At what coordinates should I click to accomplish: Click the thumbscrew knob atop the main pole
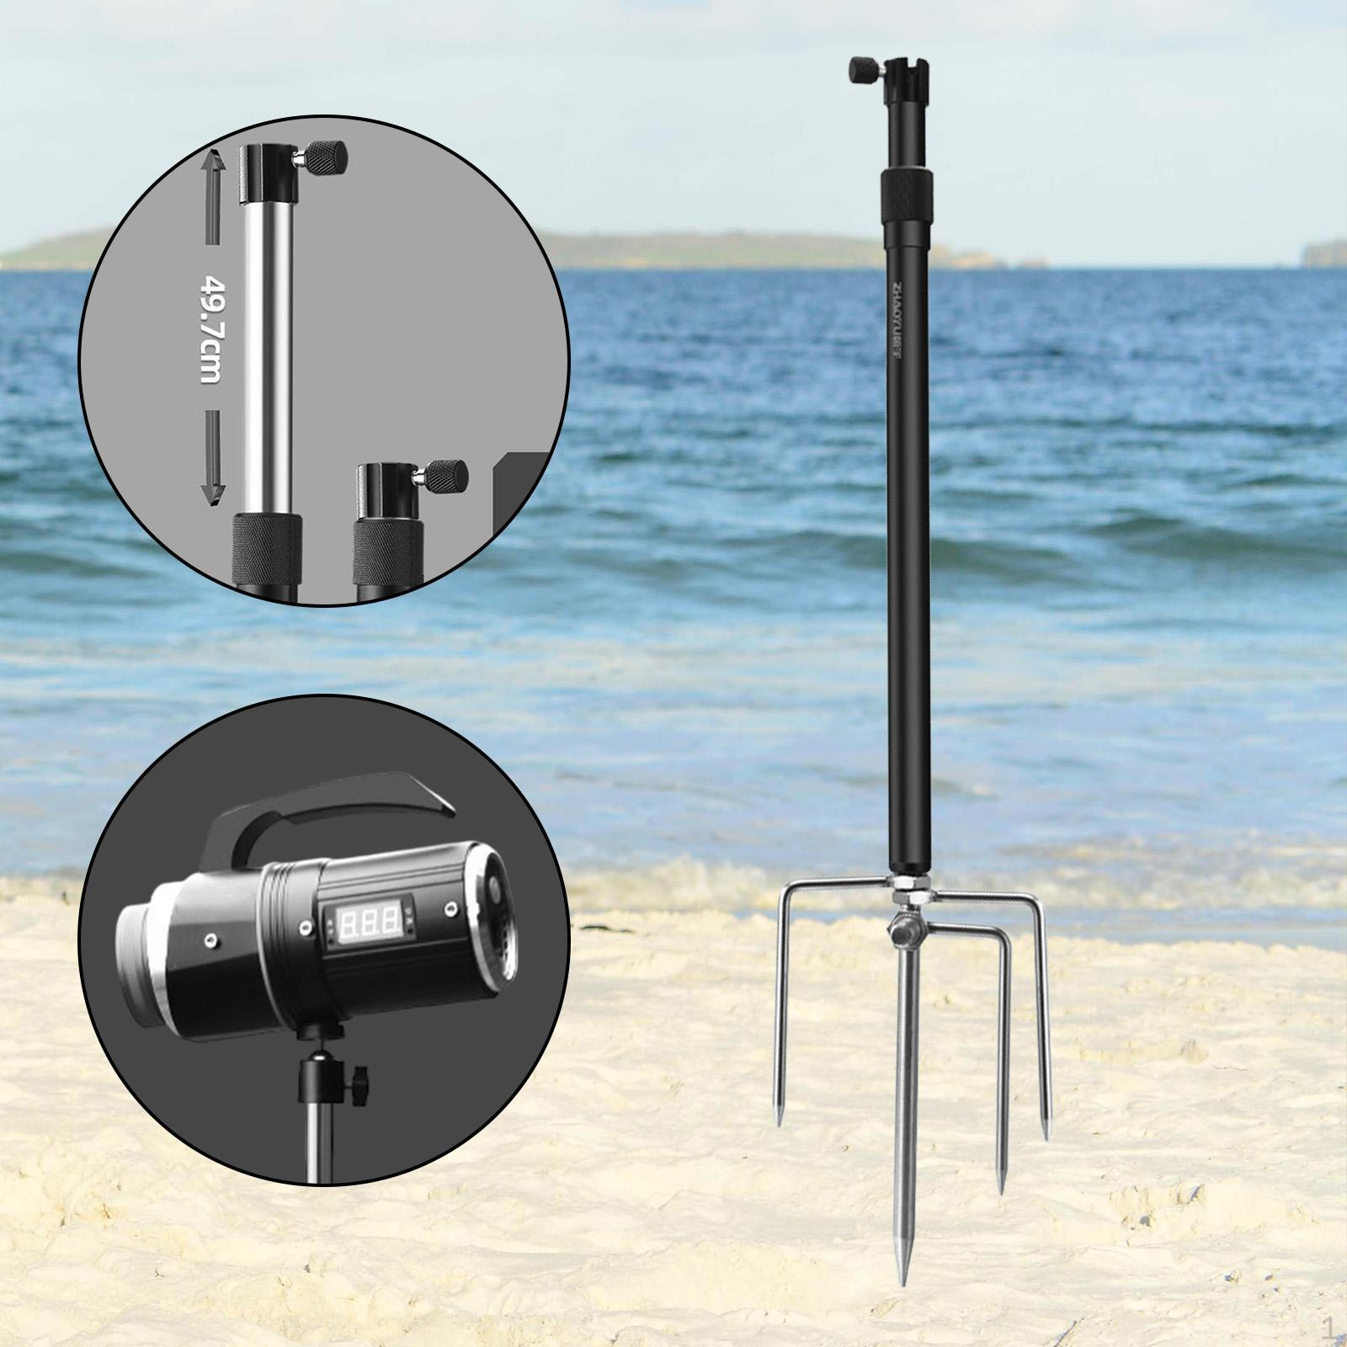864,67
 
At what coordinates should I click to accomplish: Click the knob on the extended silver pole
326,156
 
